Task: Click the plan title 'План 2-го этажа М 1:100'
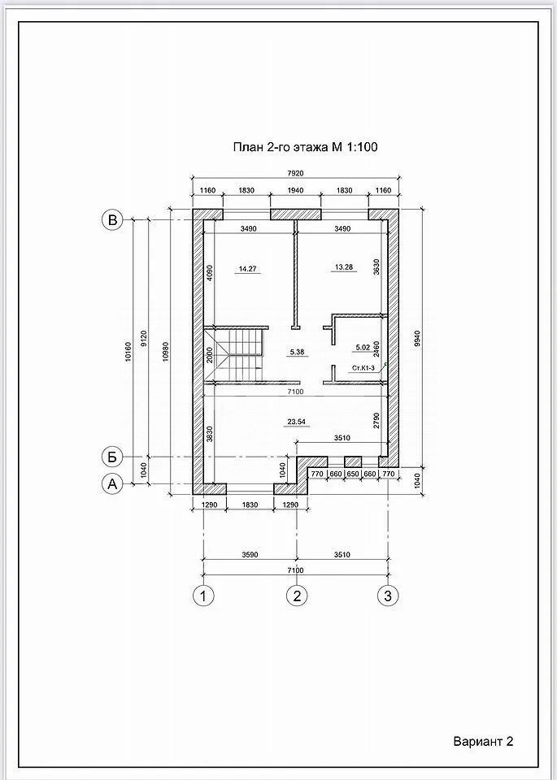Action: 305,147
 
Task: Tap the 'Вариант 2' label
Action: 483,742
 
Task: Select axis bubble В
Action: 112,219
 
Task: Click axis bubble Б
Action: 112,456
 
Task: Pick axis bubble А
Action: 112,483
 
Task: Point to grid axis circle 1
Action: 203,595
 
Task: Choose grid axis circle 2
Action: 297,595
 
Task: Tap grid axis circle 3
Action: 388,595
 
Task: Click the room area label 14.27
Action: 247,269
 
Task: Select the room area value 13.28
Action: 343,267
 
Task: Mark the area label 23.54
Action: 296,422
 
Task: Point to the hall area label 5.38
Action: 297,352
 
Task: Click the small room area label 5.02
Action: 363,348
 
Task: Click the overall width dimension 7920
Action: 295,173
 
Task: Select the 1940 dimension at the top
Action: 295,190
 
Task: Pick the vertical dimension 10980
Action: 166,352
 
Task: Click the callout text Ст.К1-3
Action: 363,368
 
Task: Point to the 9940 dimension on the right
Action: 417,339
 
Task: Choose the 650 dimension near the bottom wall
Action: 352,474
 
